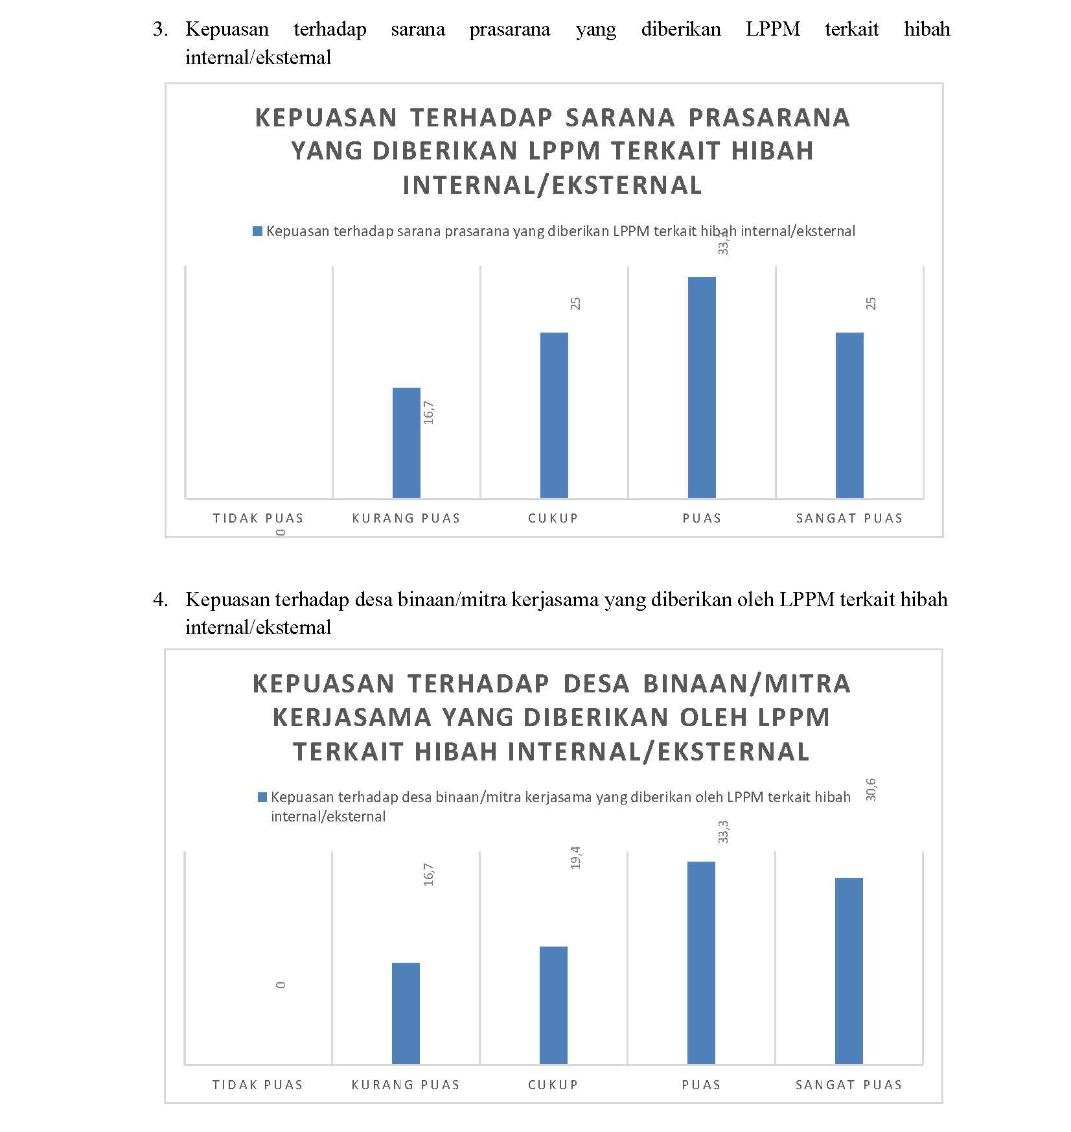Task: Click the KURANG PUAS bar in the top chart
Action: tap(406, 443)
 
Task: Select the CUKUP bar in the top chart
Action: tap(554, 415)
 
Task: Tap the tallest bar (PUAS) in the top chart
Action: tap(702, 387)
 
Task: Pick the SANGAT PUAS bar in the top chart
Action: tap(849, 415)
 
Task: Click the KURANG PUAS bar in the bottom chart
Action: tap(406, 1013)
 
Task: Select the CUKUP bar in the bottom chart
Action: tap(553, 1005)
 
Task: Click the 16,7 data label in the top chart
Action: tap(429, 413)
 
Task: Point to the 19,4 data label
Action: tap(576, 857)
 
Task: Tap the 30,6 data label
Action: tap(871, 790)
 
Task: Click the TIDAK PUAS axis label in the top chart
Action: tap(258, 518)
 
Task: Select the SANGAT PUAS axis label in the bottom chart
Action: tap(849, 1085)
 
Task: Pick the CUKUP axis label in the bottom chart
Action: tap(553, 1085)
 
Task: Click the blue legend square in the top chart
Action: tap(257, 231)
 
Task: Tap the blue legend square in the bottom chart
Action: tap(262, 797)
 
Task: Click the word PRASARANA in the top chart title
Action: tap(768, 117)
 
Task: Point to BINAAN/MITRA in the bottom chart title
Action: tap(746, 683)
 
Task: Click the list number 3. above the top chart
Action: tap(160, 29)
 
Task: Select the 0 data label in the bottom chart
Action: tap(281, 985)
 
